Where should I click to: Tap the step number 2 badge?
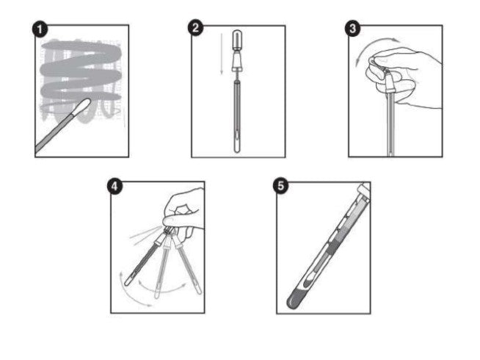click(195, 29)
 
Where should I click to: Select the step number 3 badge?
click(352, 29)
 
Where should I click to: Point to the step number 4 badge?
click(115, 185)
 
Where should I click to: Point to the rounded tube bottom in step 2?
click(237, 149)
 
